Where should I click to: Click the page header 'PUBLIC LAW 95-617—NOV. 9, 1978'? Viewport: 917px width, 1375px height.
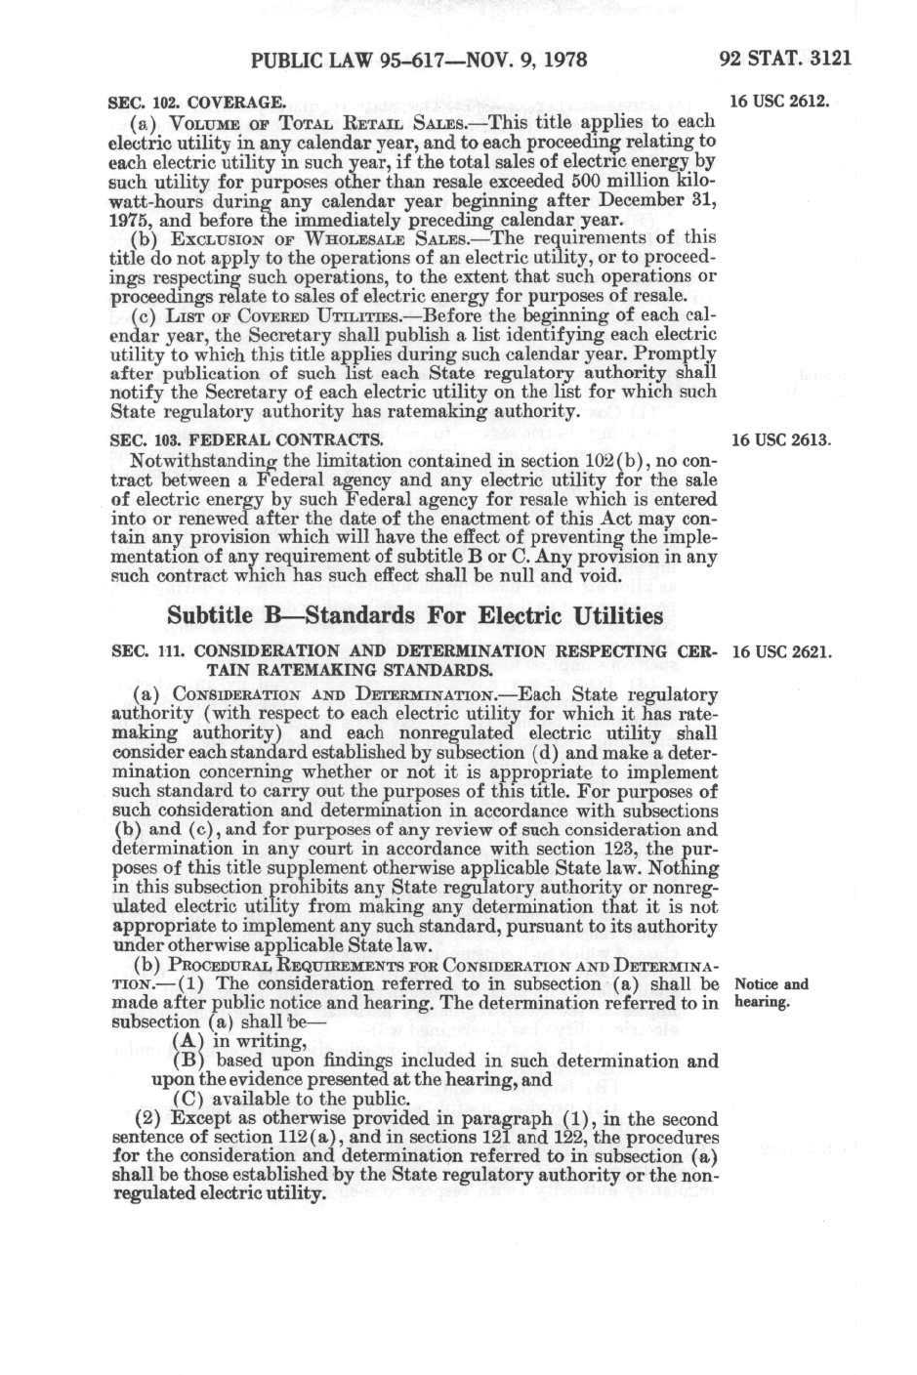tap(419, 60)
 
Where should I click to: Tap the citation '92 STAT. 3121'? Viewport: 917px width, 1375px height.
tap(784, 59)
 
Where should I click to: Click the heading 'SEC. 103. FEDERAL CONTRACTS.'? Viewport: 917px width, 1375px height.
tap(245, 440)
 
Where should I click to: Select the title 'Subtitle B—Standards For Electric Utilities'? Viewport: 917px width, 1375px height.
tap(415, 616)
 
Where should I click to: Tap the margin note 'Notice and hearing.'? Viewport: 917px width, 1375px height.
tap(771, 993)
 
